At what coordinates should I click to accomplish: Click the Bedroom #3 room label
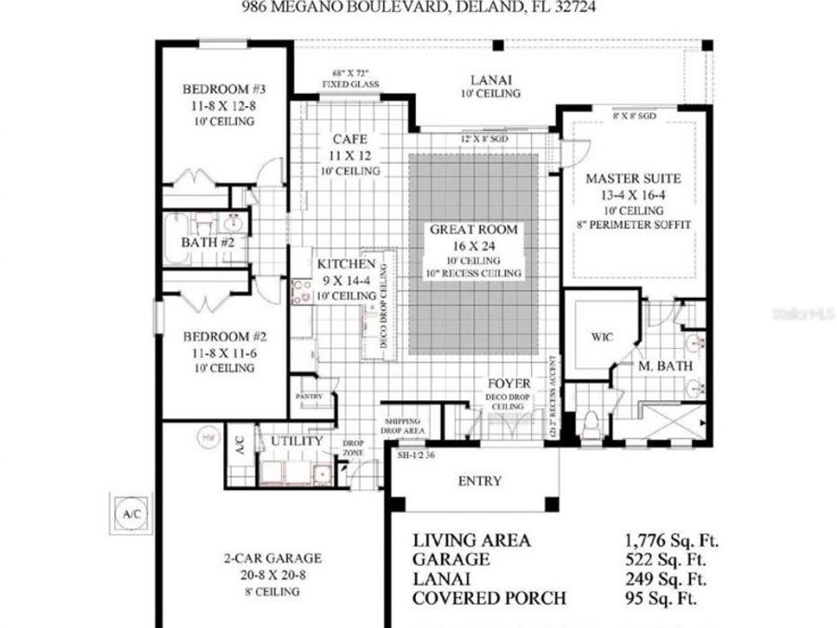(224, 89)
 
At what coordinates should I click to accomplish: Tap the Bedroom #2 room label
(224, 337)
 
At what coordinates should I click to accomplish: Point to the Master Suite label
(634, 178)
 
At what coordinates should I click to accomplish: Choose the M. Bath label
(665, 367)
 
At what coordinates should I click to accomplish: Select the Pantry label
(310, 396)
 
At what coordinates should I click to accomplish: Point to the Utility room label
(297, 440)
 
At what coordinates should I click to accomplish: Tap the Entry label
(480, 481)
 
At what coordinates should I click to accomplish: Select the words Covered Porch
(488, 598)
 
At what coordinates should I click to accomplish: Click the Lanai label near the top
(490, 81)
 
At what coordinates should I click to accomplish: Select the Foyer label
(510, 383)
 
